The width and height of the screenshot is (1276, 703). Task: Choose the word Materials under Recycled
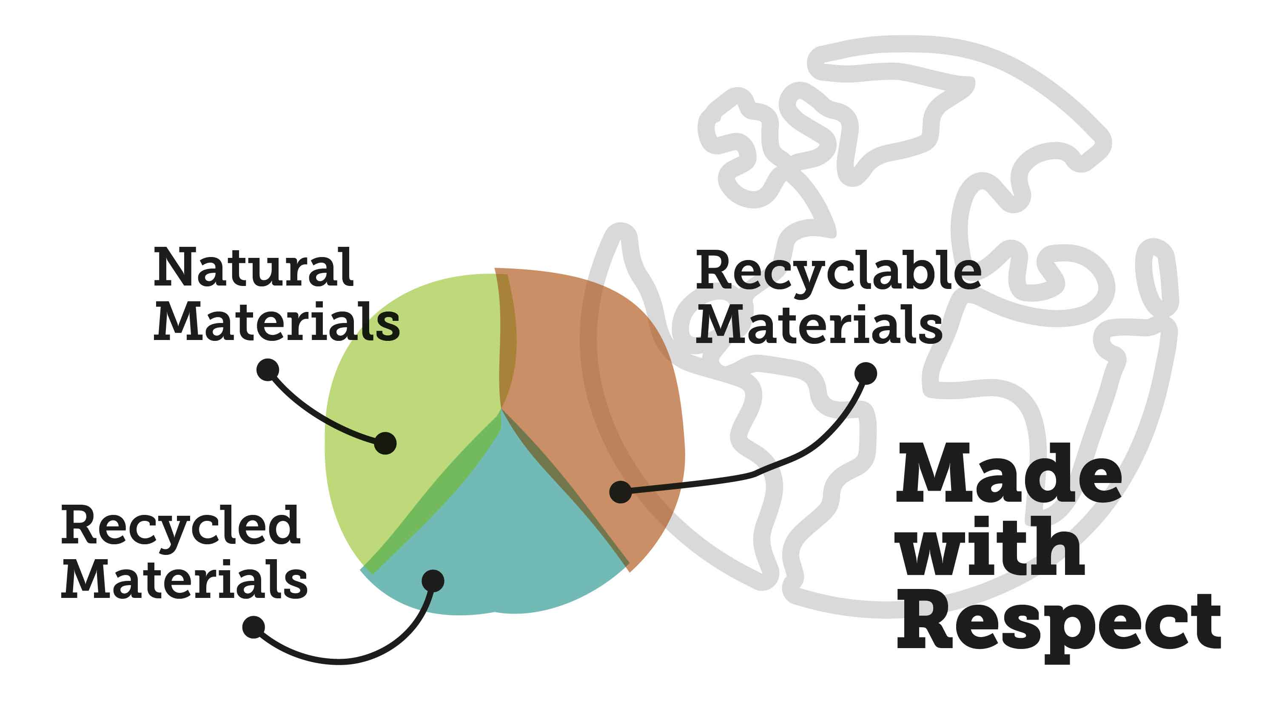(x=184, y=579)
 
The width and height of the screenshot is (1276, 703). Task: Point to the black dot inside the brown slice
(x=620, y=492)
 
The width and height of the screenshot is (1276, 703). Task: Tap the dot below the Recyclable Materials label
(x=866, y=374)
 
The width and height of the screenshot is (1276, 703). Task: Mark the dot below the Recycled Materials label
(x=253, y=627)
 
